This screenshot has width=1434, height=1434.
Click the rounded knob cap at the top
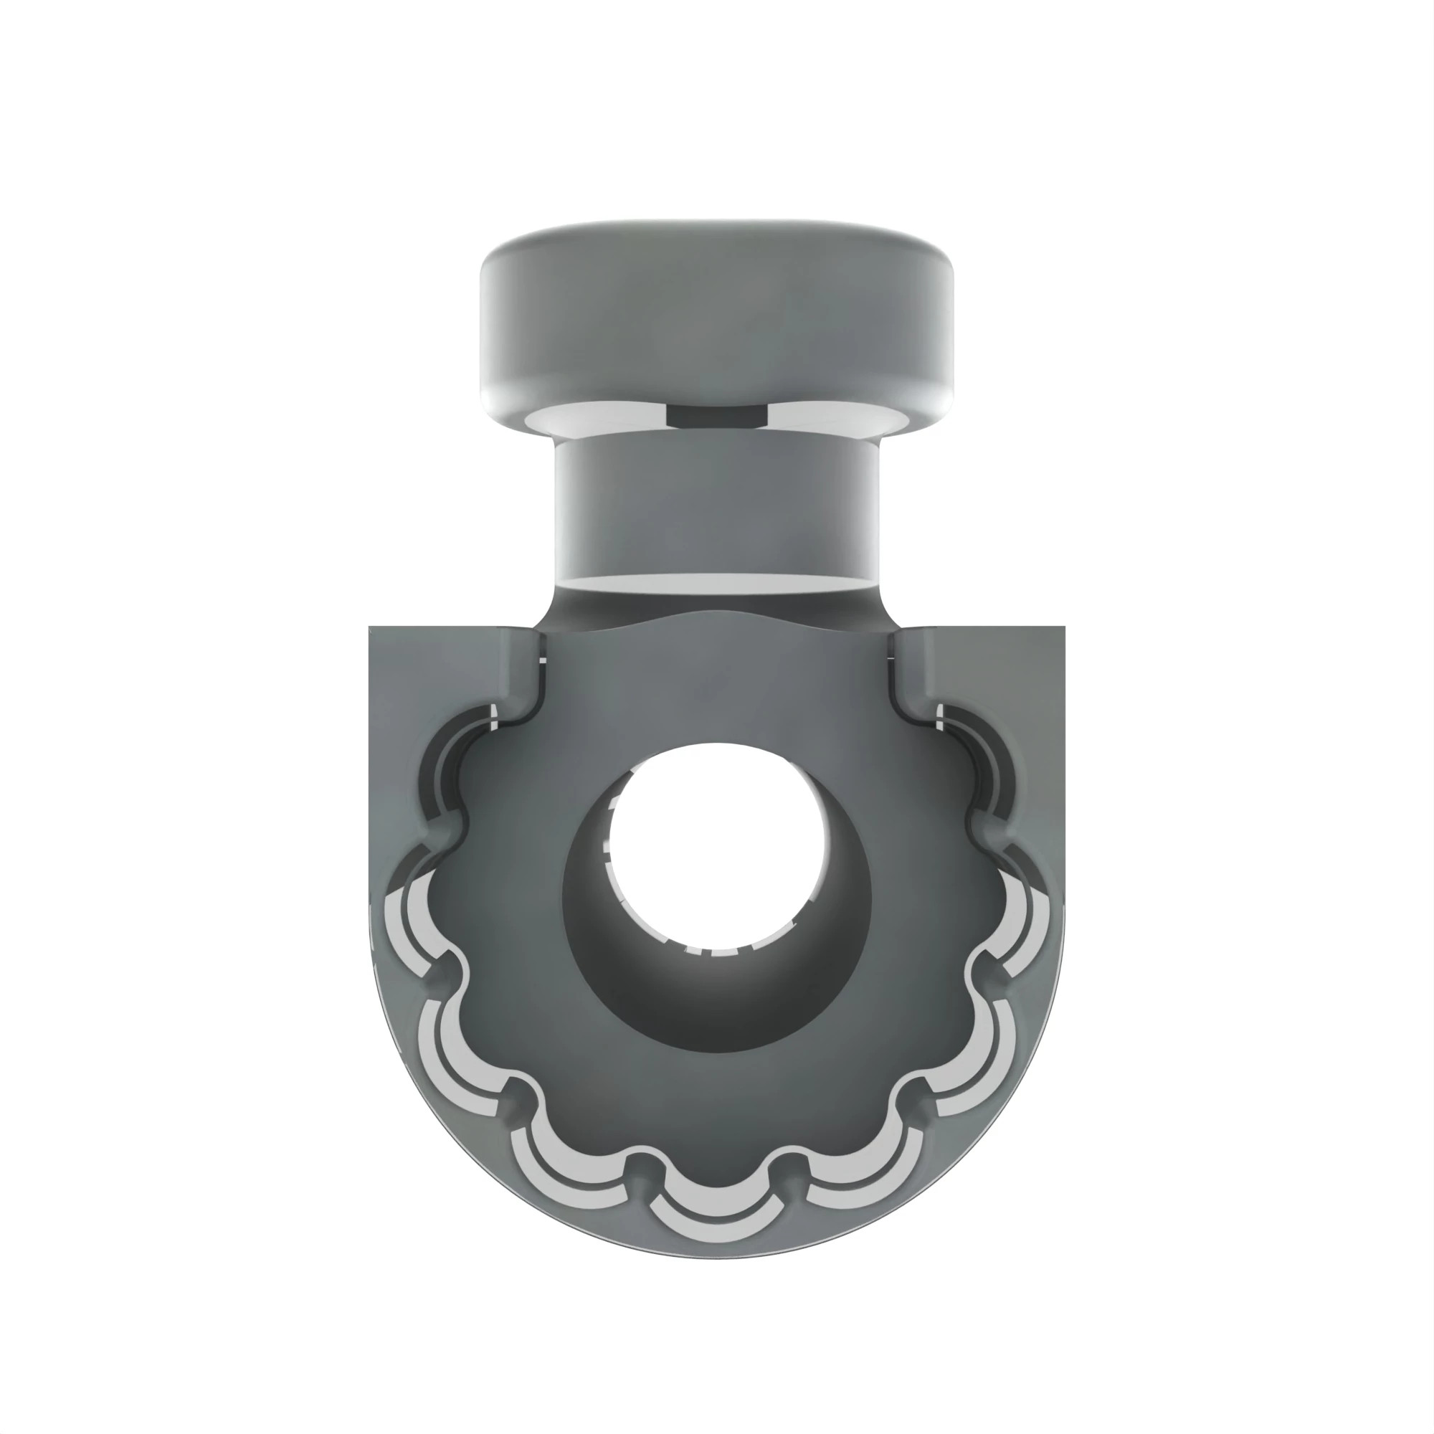pyautogui.click(x=716, y=312)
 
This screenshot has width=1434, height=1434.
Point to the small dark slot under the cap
pyautogui.click(x=716, y=417)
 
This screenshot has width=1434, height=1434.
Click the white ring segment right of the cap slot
pyautogui.click(x=839, y=418)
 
